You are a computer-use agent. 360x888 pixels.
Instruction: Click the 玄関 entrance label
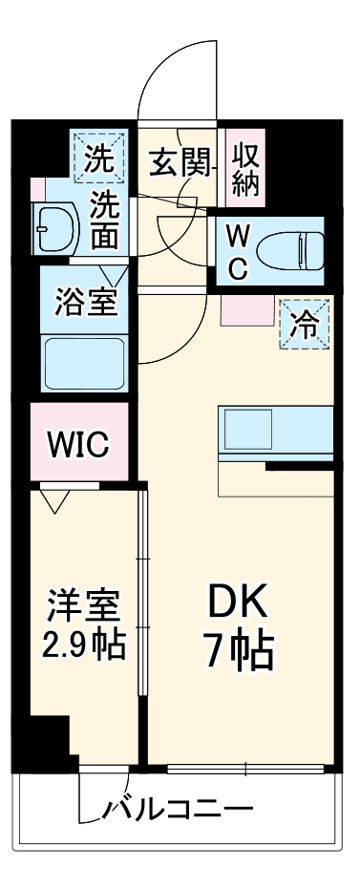[179, 162]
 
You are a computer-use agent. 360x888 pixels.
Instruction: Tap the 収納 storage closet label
[246, 169]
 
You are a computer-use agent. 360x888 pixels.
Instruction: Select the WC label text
[238, 251]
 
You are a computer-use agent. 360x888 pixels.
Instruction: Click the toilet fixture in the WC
[296, 250]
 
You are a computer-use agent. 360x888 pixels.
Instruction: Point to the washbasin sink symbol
[52, 229]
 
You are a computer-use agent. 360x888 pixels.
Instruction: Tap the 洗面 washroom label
[105, 221]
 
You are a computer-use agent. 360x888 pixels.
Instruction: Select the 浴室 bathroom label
[87, 301]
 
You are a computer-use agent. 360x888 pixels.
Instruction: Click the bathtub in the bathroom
[86, 364]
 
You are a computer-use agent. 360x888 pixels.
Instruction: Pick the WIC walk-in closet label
[79, 443]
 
